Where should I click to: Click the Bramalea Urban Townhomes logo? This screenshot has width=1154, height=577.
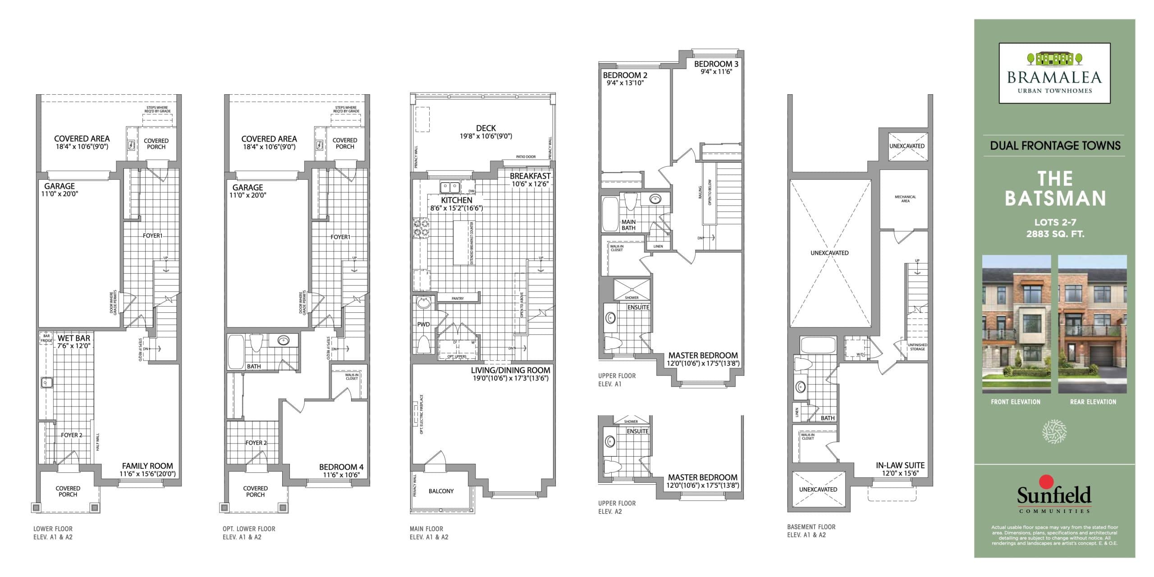point(1054,73)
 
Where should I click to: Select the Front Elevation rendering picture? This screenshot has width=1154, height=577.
point(1016,324)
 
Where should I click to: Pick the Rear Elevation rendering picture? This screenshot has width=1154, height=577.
point(1092,324)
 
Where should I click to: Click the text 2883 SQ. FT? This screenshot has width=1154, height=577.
point(1055,234)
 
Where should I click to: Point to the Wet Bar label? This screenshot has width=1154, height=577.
point(73,338)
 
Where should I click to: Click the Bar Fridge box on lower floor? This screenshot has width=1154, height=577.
point(46,339)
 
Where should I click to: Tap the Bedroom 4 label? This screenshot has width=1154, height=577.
point(341,467)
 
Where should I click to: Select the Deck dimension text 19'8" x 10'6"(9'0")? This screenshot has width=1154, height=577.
point(485,136)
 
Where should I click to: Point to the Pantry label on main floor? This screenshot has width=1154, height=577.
point(458,298)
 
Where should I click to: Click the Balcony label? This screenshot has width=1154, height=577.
point(441,491)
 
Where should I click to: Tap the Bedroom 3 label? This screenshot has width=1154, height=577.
point(716,64)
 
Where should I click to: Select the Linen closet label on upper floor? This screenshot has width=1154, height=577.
point(658,246)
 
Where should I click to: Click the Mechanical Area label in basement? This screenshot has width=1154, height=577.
point(905,199)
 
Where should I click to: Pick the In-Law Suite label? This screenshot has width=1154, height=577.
point(900,465)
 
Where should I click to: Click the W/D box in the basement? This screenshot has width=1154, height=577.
point(860,354)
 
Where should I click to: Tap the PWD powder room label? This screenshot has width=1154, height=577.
point(423,324)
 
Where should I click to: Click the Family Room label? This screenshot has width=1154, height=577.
point(147,466)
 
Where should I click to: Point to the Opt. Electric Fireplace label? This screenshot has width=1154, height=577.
point(421,414)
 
